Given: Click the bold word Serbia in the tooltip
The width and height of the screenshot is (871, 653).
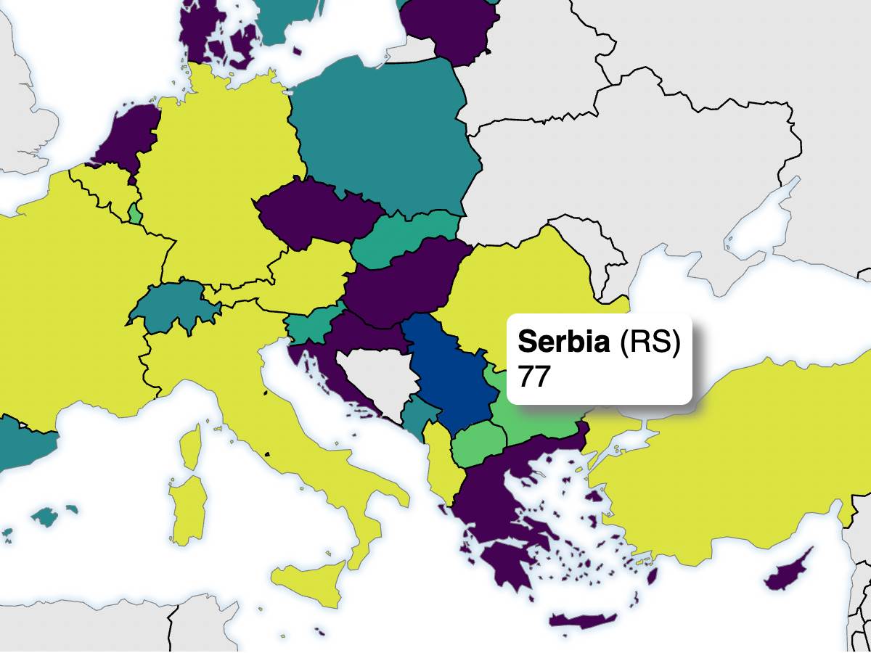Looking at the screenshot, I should [x=564, y=342].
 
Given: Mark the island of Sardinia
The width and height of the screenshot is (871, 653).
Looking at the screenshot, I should [x=187, y=508].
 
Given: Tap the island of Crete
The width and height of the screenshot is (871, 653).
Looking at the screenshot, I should [x=581, y=621].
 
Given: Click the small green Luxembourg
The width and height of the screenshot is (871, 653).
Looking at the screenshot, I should [x=135, y=214].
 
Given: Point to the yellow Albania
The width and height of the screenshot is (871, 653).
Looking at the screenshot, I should [x=438, y=457].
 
